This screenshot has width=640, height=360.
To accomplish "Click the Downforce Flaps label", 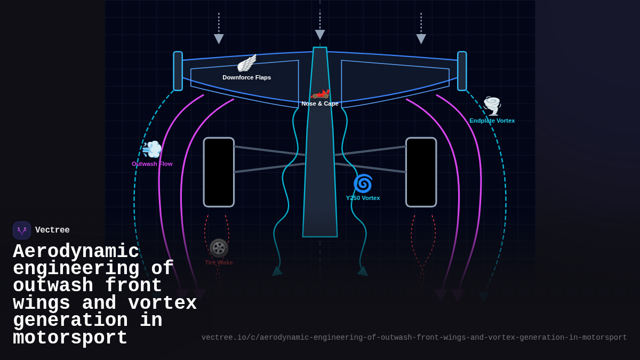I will (246, 77).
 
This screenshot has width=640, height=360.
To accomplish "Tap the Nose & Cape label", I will (320, 103).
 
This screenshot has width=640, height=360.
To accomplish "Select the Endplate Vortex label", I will (492, 121).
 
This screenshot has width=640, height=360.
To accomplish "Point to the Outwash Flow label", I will (152, 164).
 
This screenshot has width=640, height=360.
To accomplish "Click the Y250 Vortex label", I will (363, 198).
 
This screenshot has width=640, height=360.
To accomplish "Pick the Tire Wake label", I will (219, 262).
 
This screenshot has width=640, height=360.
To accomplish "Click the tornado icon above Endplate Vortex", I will (492, 106).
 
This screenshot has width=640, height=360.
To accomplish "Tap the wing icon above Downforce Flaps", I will (246, 63).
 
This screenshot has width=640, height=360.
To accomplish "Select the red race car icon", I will (320, 94).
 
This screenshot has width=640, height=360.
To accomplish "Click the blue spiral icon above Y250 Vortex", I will (363, 183).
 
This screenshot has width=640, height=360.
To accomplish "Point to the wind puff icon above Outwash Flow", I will (152, 149).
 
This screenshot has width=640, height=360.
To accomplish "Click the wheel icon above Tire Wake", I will (219, 248).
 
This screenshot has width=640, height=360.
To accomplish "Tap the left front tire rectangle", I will (219, 172).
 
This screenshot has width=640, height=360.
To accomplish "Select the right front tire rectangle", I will (421, 172).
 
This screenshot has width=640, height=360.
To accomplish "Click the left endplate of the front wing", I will (178, 71).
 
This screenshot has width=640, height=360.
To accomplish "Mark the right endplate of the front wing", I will (462, 71).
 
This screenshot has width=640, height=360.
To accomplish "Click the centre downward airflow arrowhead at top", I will (320, 35).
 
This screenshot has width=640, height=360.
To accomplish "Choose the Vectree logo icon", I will (22, 230).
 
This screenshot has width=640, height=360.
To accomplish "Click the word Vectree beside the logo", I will (52, 230).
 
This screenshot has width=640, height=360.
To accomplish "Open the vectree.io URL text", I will (414, 338).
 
